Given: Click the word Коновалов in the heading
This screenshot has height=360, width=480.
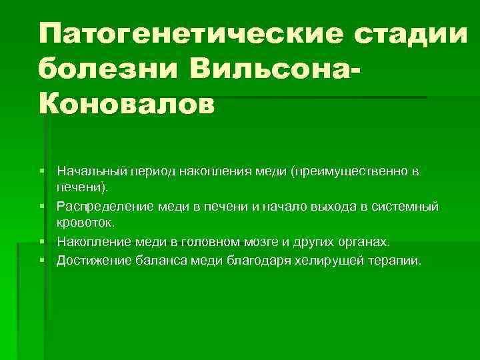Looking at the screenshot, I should [127, 104].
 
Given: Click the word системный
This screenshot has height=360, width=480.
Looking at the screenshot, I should [406, 207].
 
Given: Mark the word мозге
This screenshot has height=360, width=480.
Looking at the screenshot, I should [249, 241].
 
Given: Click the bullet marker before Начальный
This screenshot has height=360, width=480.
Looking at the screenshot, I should [42, 172].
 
